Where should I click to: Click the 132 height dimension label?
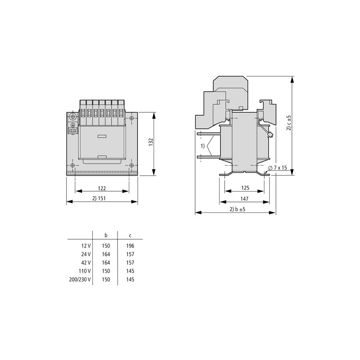click(151, 142)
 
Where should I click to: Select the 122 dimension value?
click(102, 188)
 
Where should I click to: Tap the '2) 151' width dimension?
click(99, 198)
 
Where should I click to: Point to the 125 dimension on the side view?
click(245, 188)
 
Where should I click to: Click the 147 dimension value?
click(244, 198)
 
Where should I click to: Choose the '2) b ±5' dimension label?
click(238, 209)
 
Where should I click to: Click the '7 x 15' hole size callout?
click(278, 168)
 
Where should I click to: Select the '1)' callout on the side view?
click(202, 146)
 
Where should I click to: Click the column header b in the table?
click(106, 235)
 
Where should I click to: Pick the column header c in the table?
click(130, 236)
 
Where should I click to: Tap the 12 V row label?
click(86, 246)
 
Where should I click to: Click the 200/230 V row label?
click(80, 280)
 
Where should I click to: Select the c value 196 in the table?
click(130, 246)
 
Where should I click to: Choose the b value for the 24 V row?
click(106, 254)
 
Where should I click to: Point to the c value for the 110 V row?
click(130, 271)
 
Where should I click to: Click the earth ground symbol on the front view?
click(73, 125)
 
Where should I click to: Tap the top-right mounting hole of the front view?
click(132, 118)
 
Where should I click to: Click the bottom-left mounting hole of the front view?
click(72, 165)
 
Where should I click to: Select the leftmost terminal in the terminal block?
click(83, 112)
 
